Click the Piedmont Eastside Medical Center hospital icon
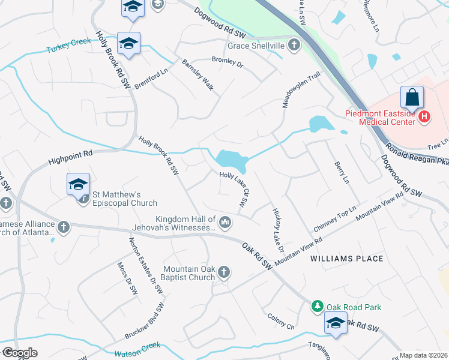424,116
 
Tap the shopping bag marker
412,97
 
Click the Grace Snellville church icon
294,45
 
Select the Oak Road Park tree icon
316,307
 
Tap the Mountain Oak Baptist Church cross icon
224,272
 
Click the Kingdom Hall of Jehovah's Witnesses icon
225,223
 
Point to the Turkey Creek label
68,44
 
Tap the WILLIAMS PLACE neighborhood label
346,259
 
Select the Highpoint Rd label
70,158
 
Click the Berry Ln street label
341,172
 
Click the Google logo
20,353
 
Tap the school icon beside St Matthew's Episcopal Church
79,184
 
